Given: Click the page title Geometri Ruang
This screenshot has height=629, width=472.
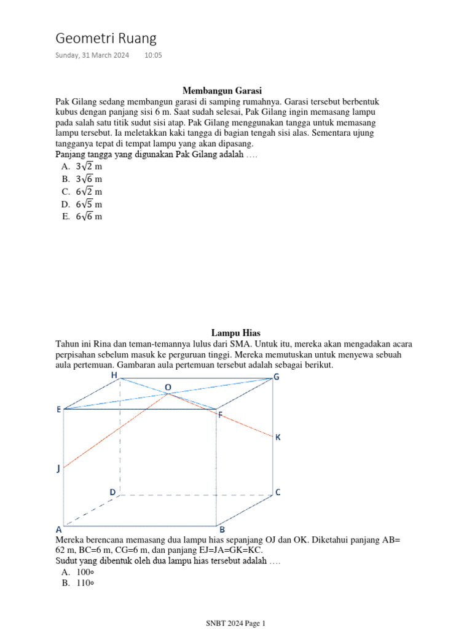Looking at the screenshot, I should (106, 39).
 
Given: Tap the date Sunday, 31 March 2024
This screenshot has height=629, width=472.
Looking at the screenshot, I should (92, 55).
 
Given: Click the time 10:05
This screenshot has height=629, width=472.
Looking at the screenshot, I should (154, 55).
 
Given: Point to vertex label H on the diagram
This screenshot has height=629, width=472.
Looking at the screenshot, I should (114, 375).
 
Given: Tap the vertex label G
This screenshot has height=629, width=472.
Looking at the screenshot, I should (277, 377).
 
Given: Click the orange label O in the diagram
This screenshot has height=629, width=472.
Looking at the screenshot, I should (168, 388).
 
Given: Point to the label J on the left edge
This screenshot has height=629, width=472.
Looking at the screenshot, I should (58, 469).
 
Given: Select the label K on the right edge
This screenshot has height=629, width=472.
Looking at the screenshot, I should (278, 437).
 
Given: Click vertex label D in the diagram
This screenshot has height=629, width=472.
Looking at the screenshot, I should (112, 492).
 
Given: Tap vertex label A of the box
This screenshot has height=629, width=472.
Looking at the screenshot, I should (59, 529).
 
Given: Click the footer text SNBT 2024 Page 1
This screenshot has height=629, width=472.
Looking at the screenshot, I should (235, 623).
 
